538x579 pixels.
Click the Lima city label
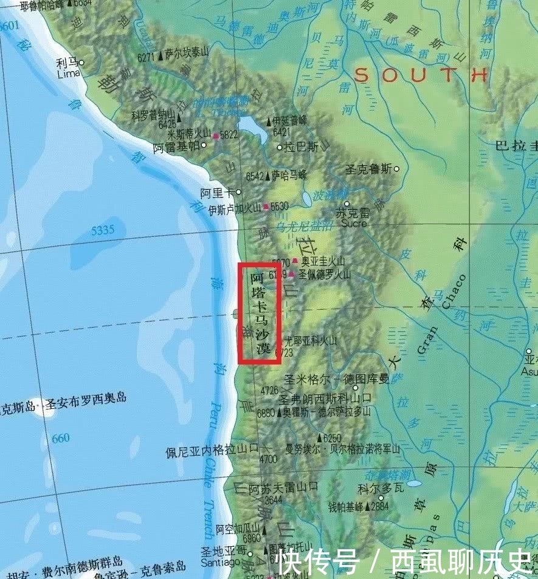click(68, 74)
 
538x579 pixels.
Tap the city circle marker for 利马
click(81, 63)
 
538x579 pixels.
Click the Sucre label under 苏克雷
click(354, 223)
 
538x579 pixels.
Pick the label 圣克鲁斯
click(368, 169)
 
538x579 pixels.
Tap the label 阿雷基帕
click(176, 147)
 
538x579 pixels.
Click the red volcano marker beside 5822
click(216, 137)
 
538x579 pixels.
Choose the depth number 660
click(61, 438)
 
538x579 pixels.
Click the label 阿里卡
click(217, 193)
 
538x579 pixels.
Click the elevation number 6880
click(266, 413)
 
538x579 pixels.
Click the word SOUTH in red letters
click(421, 75)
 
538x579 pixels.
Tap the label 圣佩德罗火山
click(324, 274)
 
